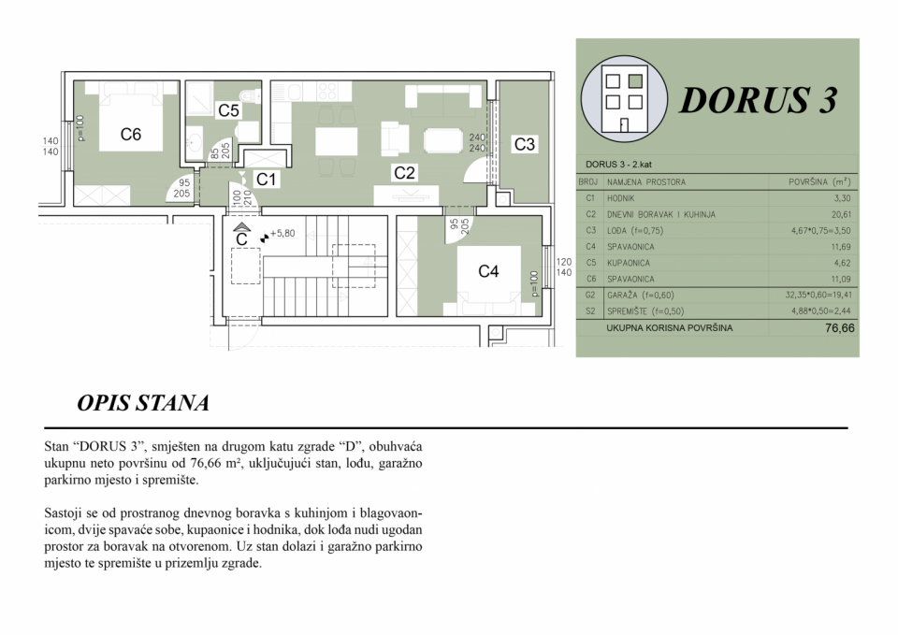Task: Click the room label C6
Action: point(131,135)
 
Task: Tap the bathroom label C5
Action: point(229,111)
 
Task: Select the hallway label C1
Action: point(267,179)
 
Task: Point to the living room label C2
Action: point(404,172)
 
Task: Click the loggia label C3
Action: point(525,144)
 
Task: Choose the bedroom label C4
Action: point(488,272)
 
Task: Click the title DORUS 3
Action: point(757,100)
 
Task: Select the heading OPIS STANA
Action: point(143,404)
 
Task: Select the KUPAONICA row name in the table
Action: point(630,263)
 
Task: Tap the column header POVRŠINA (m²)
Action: point(819,182)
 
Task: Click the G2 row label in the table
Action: point(589,295)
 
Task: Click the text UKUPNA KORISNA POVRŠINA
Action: point(669,328)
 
